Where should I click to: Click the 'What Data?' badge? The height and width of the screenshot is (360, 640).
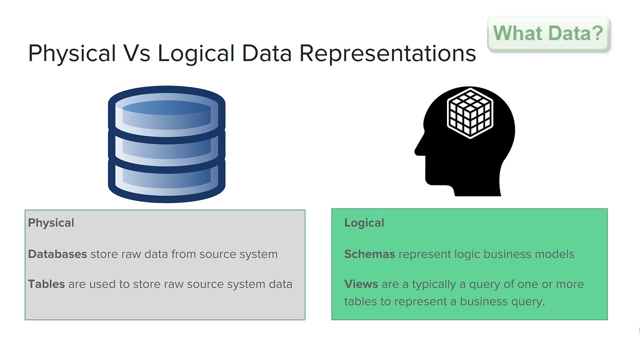point(548,33)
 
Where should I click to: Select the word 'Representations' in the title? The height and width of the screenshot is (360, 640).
point(387,53)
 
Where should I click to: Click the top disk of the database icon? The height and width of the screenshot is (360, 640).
point(166,107)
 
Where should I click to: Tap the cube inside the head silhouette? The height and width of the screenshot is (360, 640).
point(470,113)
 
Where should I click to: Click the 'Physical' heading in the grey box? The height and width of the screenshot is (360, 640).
point(51,223)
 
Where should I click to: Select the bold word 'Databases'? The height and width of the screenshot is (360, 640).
point(57,254)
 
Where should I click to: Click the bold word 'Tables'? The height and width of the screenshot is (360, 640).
point(46,284)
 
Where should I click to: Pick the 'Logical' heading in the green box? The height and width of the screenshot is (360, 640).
point(364,223)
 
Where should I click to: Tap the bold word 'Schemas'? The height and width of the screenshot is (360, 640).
point(369,254)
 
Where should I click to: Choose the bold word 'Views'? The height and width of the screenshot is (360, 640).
point(361,284)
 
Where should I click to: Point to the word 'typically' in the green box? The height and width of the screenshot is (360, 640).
point(433,284)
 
